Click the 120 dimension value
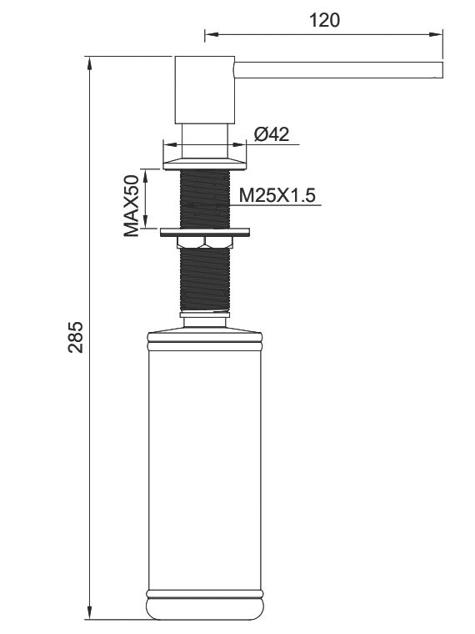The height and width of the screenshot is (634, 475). [324, 20]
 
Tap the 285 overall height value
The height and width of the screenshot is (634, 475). [75, 337]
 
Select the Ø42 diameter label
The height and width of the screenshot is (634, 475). [272, 133]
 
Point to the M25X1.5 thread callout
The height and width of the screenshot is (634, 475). [277, 196]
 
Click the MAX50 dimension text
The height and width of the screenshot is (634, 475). [132, 206]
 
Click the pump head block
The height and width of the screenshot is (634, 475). [205, 90]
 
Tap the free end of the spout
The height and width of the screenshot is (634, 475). [442, 70]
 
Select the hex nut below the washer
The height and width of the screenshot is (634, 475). [205, 242]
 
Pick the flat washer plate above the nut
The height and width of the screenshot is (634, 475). [205, 232]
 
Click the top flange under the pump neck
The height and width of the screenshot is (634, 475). [204, 164]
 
